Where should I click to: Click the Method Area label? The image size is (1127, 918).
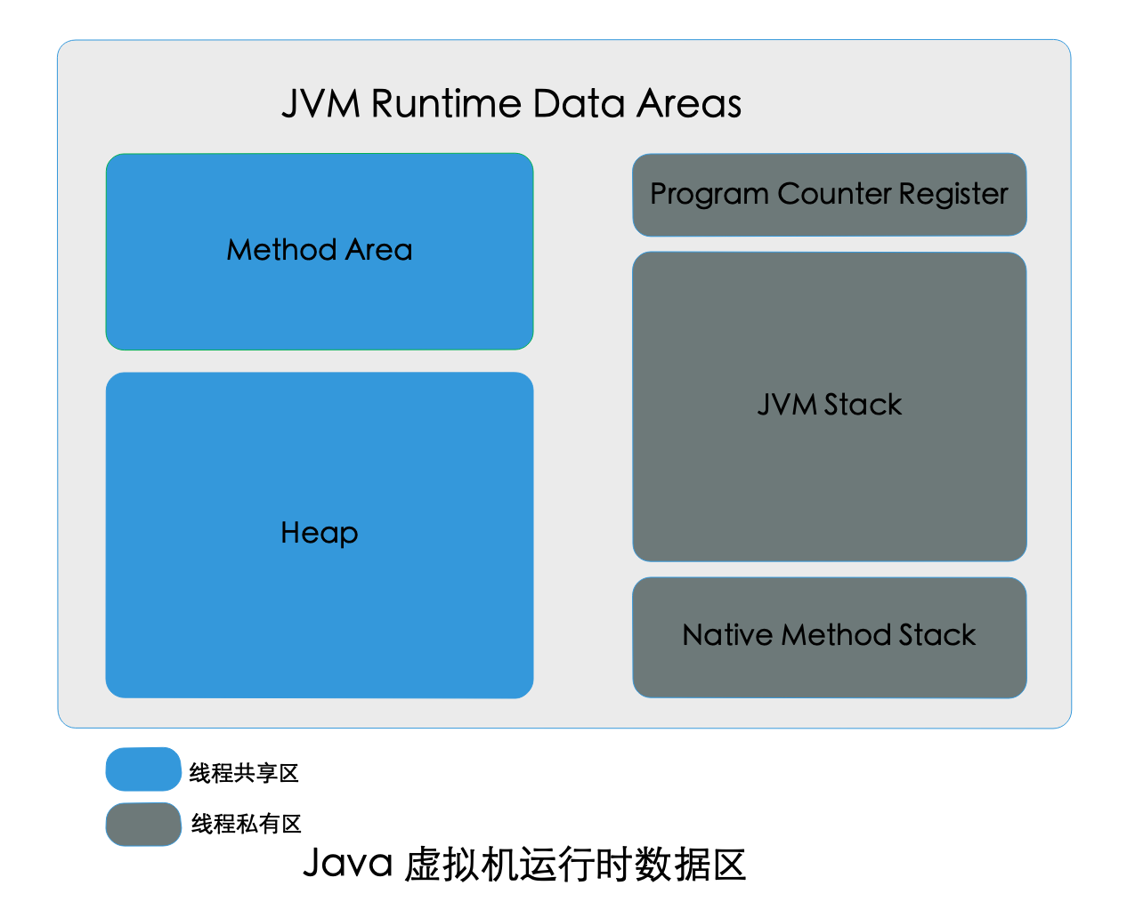pos(319,249)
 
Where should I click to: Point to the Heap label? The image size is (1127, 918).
pos(319,533)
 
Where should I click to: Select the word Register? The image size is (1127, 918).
pos(953,194)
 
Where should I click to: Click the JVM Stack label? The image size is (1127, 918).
pos(829,405)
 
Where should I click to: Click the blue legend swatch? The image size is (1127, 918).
pos(143,769)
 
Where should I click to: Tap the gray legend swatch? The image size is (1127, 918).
pos(143,825)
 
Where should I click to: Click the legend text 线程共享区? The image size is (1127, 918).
pos(244,773)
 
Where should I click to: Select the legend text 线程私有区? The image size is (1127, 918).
pos(246,824)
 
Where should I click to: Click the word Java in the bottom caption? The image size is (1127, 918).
pos(347,864)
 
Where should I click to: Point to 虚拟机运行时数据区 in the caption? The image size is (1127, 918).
pos(575,864)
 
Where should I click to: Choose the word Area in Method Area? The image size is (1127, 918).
pos(378,249)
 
